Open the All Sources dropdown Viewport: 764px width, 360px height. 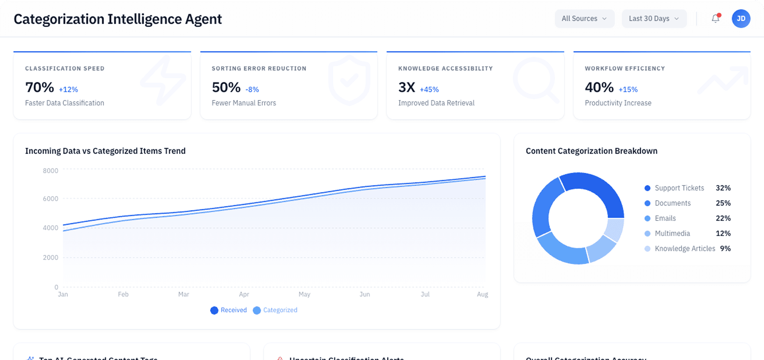584,19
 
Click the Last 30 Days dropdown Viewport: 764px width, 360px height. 654,19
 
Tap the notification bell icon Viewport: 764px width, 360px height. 716,18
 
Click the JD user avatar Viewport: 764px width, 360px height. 741,19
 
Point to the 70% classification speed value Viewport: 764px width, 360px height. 39,88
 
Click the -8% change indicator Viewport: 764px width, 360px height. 252,90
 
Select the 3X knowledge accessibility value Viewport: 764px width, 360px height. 407,88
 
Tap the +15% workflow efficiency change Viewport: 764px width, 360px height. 628,90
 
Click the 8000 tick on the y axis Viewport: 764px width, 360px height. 51,171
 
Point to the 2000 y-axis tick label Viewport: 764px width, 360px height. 51,258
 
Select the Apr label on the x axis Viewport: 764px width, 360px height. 244,294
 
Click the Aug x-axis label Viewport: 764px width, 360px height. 482,294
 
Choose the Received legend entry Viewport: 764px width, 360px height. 229,310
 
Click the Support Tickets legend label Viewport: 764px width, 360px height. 679,188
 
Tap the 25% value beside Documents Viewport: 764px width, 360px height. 723,203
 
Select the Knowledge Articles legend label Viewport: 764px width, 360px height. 685,249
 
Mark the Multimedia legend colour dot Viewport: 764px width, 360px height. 647,234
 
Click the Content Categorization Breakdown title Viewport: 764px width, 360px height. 591,151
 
